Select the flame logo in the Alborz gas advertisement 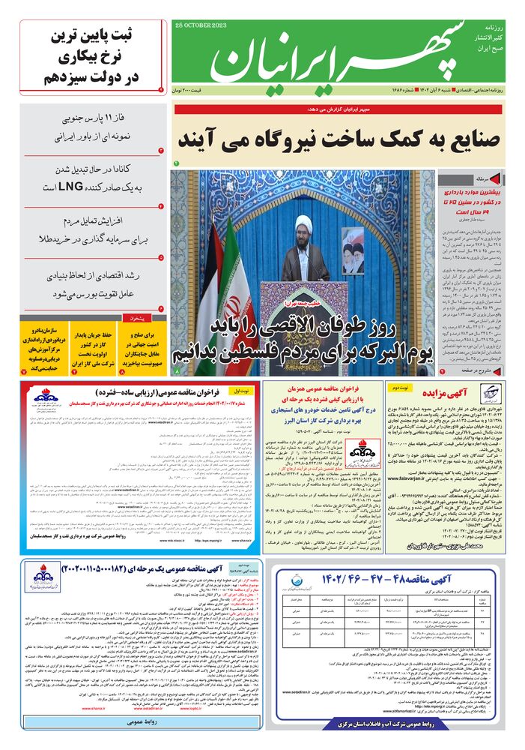pos(291,452)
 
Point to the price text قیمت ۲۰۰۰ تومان pos(193,90)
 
